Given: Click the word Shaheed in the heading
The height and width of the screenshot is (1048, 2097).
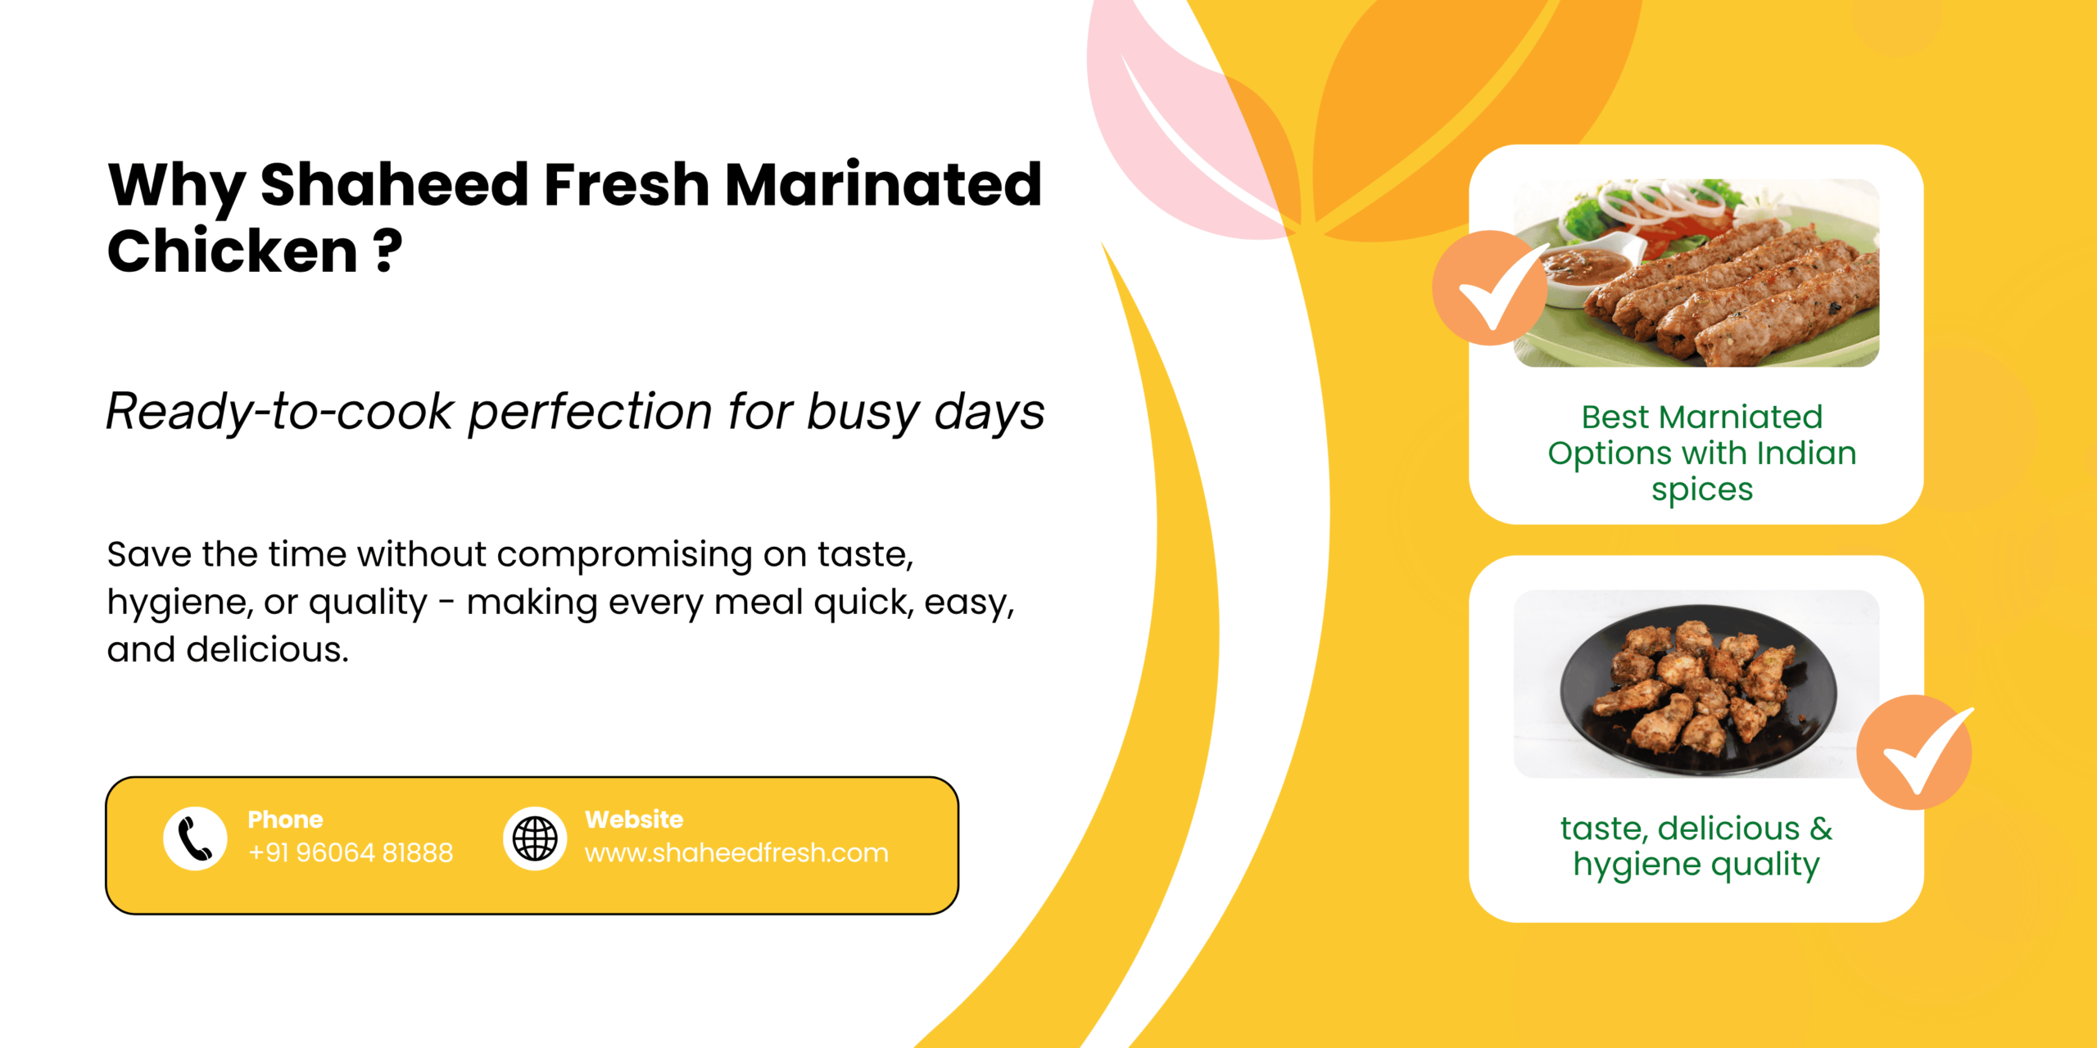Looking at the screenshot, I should coord(394,185).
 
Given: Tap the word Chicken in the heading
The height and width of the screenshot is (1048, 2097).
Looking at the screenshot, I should coord(233,251).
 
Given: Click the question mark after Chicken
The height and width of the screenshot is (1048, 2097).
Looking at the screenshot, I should coord(387,251).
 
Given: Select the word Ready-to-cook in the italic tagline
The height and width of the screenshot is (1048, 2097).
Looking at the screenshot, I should coord(279,411).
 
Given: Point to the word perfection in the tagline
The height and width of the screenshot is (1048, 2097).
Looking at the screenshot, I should coord(590,411).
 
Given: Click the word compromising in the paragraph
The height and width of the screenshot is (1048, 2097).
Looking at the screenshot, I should coord(624,555).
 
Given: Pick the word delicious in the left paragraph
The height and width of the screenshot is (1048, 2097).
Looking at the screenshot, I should coord(267,650).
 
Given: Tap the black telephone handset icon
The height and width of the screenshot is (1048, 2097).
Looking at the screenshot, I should coord(195,839).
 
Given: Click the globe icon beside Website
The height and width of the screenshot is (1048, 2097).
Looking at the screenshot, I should coord(535,839).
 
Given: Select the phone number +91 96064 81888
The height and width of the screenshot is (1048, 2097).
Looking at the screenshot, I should coord(351,853).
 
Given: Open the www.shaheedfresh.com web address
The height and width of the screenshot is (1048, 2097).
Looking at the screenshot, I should coord(736,853).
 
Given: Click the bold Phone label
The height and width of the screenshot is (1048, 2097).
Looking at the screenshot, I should coord(285,820).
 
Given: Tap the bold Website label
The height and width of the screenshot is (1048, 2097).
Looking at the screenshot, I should coord(634,820).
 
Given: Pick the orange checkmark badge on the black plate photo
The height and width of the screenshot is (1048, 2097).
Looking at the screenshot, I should coord(1914,752).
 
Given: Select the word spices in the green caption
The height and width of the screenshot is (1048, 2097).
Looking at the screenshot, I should coord(1701,490).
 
